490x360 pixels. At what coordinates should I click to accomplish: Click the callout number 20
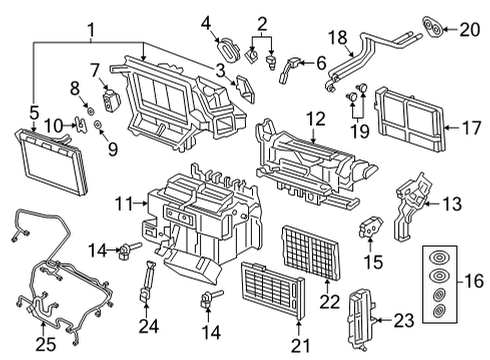[470, 29]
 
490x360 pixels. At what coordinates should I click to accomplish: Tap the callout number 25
[46, 345]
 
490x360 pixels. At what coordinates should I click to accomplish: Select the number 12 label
[315, 119]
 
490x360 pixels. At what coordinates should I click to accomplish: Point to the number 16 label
[473, 281]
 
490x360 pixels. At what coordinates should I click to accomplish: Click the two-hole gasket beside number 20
[433, 26]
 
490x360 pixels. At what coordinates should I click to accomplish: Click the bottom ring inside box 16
[439, 311]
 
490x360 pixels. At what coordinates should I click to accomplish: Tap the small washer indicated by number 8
[90, 110]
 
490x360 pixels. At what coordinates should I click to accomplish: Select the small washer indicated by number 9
[98, 125]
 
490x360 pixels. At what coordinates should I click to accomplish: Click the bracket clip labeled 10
[80, 125]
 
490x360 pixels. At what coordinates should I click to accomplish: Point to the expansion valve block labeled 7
[109, 99]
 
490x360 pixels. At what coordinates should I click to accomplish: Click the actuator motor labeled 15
[370, 227]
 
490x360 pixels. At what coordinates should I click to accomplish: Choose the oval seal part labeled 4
[228, 50]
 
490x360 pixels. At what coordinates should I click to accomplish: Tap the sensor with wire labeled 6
[289, 70]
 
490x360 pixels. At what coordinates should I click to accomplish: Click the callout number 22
[329, 302]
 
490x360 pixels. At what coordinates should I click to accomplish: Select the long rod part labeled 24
[146, 282]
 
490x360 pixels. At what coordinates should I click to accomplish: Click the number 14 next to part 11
[97, 250]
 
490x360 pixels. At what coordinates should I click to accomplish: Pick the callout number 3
[220, 70]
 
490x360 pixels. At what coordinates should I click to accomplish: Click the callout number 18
[338, 37]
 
